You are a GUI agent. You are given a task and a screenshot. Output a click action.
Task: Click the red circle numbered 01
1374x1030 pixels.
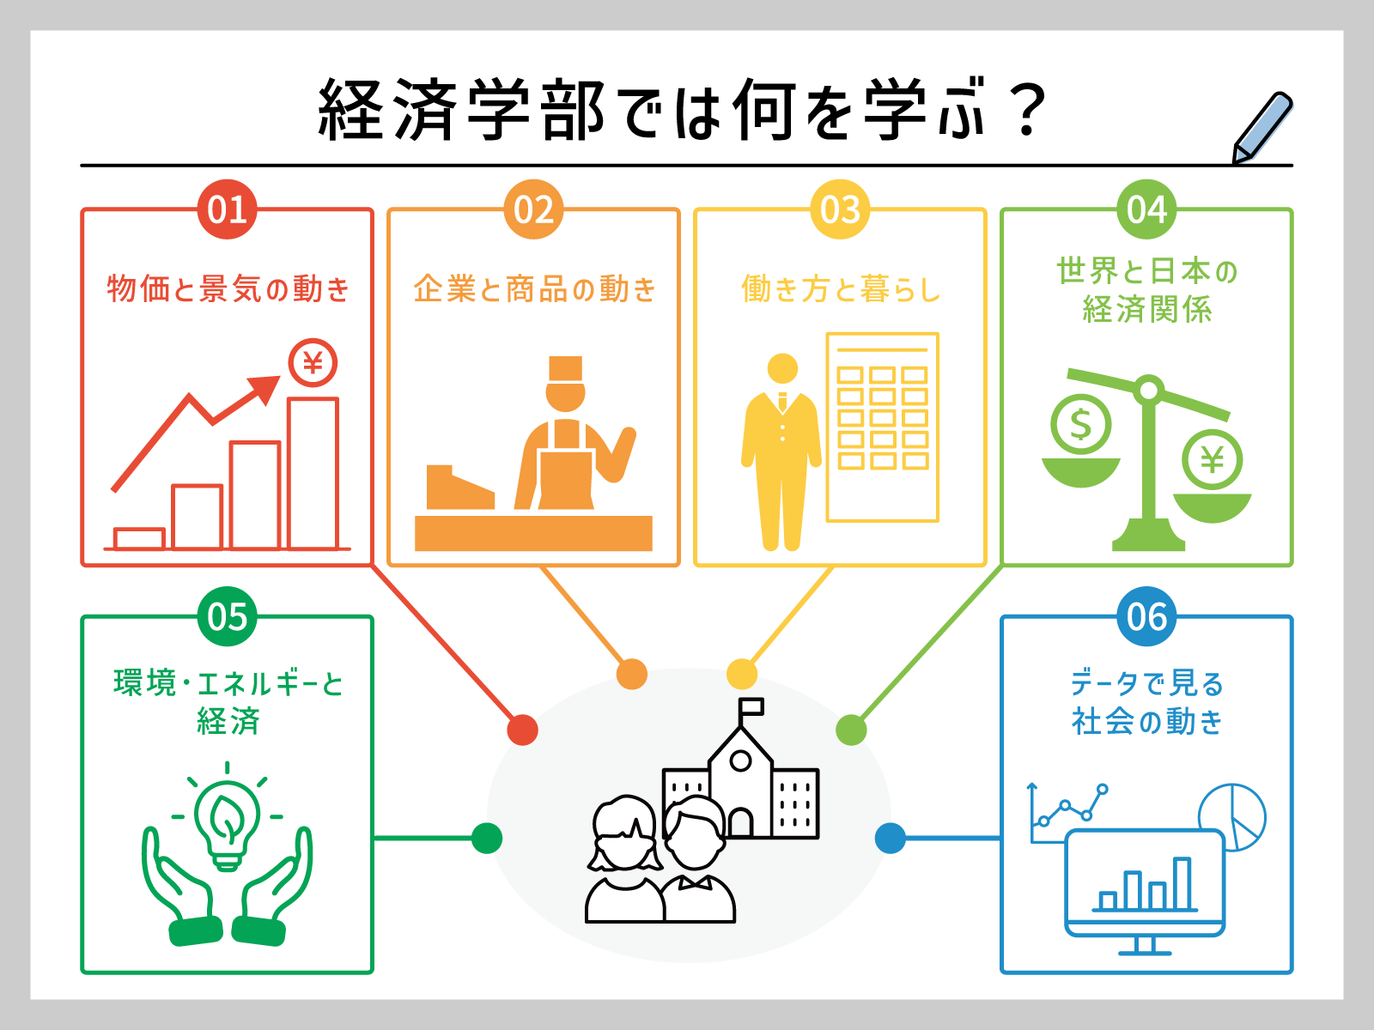[x=228, y=209]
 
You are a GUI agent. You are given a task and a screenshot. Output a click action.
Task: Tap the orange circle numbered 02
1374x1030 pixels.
[x=533, y=209]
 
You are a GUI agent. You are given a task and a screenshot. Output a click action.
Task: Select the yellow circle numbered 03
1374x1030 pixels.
[x=840, y=209]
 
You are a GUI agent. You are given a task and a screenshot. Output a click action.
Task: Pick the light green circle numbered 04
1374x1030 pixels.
[x=1146, y=209]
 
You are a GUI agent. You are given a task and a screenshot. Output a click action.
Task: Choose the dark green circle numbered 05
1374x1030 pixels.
[x=228, y=616]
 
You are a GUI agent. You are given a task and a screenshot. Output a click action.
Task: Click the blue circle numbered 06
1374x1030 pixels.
[x=1146, y=616]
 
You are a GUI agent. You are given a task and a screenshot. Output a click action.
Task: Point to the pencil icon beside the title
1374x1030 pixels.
[x=1262, y=128]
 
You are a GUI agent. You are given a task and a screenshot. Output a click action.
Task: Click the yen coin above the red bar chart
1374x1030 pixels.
[x=313, y=363]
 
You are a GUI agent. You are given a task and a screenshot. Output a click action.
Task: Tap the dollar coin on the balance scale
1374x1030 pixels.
[x=1080, y=424]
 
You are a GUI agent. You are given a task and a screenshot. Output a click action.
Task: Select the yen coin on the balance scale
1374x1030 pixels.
[x=1212, y=460]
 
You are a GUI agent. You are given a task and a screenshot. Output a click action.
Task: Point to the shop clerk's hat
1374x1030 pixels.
[x=565, y=368]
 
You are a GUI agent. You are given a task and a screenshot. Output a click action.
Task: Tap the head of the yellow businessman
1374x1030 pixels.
[x=782, y=369]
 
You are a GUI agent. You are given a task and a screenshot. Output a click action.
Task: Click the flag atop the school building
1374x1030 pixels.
[x=751, y=707]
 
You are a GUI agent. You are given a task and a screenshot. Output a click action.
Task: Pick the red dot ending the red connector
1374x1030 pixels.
[x=522, y=730]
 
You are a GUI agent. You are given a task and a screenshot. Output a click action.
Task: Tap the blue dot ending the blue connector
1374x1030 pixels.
[x=891, y=838]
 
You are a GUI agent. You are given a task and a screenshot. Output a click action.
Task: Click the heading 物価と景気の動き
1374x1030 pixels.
[x=228, y=289]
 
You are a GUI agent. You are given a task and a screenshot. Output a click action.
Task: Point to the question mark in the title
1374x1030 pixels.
[x=1027, y=110]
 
